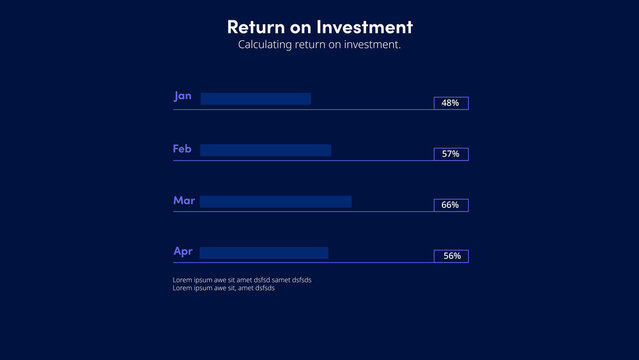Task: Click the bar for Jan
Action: (255, 99)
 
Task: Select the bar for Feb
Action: (265, 150)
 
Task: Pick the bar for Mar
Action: (275, 201)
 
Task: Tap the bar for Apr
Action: (264, 253)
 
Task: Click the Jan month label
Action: (182, 96)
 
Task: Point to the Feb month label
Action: (182, 148)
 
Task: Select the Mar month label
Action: (183, 200)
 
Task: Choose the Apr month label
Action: (182, 251)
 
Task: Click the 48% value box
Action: (450, 103)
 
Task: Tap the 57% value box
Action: (450, 154)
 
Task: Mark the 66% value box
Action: (450, 205)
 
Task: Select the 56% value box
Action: (451, 256)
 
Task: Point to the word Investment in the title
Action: (364, 27)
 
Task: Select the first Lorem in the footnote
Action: (183, 280)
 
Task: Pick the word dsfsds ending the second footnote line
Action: (264, 288)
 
